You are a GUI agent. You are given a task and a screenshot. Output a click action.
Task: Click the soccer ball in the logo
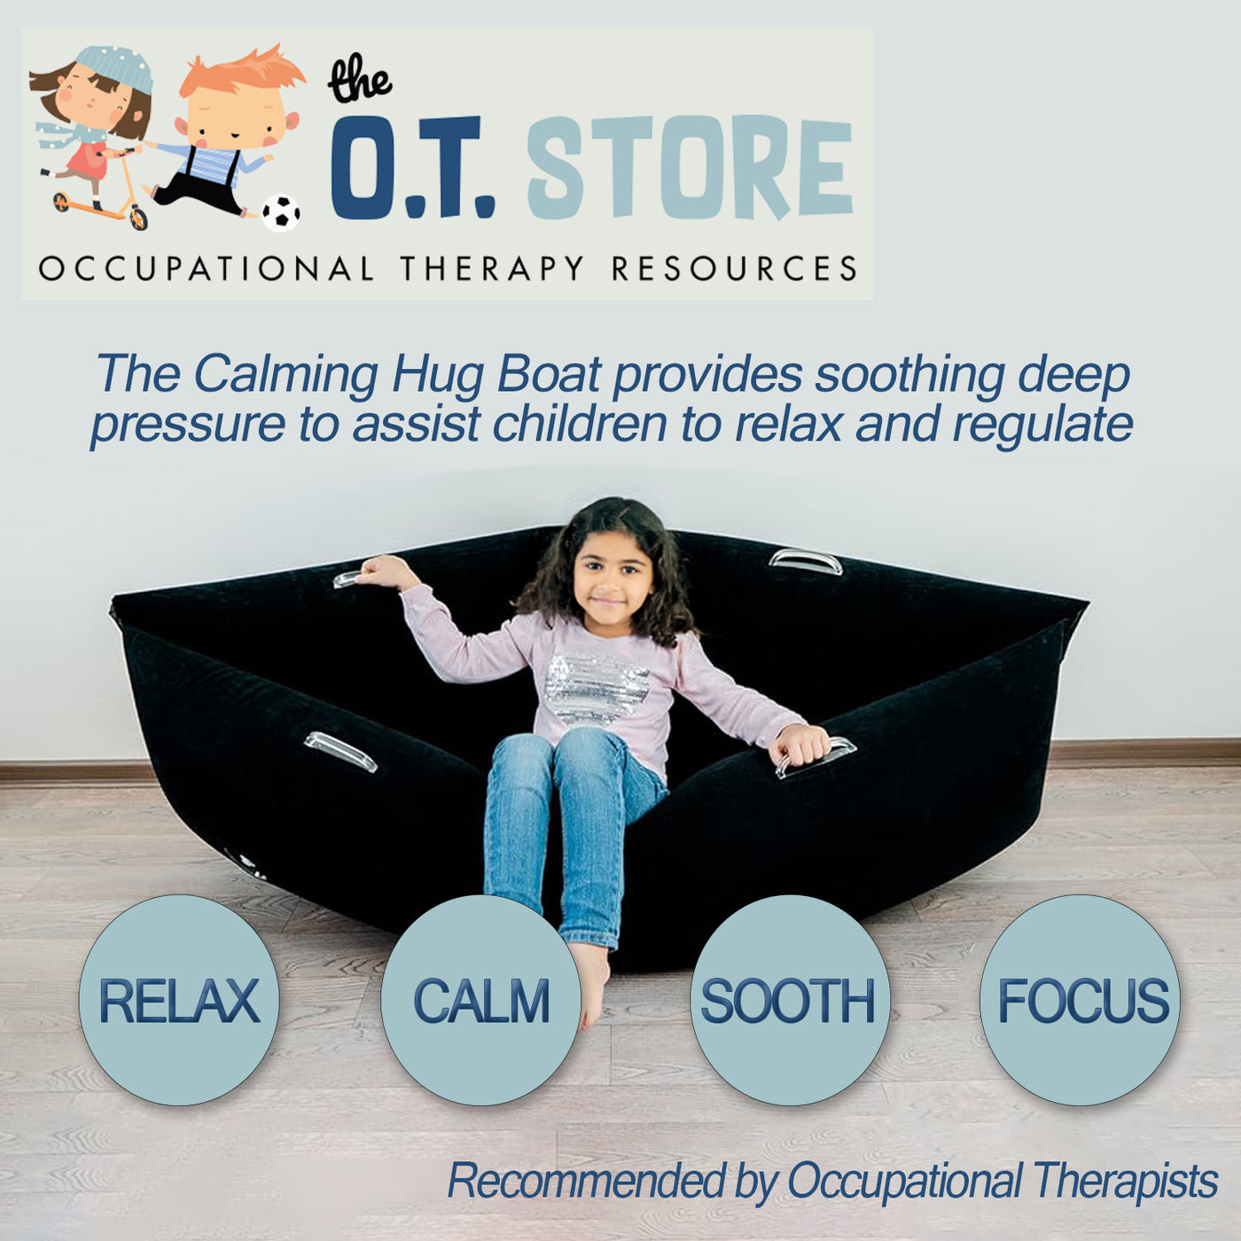click(280, 213)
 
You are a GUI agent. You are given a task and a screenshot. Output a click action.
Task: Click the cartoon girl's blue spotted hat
click(115, 66)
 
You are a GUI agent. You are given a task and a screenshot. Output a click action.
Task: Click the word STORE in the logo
click(690, 168)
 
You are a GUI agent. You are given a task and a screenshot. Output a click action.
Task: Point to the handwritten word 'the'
click(359, 82)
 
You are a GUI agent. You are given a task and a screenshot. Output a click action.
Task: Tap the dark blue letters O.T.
click(411, 168)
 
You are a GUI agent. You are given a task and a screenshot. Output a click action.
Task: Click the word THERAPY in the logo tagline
click(492, 269)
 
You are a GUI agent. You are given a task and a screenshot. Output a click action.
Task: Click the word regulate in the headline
click(1042, 424)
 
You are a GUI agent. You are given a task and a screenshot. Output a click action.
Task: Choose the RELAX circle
click(179, 1000)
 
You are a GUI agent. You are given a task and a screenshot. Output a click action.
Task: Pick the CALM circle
click(481, 1000)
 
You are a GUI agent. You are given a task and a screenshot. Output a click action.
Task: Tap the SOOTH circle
click(789, 1000)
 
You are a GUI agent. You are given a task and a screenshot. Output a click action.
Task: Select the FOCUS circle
click(1081, 1000)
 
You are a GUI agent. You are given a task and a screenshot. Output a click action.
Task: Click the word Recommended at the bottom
click(585, 1181)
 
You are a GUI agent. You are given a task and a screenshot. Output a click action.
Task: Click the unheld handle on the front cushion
click(341, 751)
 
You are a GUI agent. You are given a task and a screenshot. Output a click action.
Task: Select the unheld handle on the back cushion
click(805, 561)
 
